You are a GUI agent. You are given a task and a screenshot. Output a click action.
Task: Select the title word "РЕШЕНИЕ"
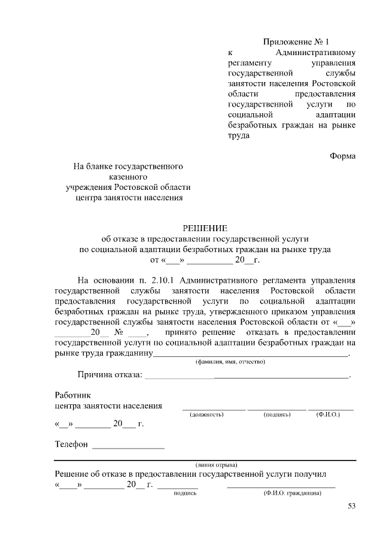pos(205,228)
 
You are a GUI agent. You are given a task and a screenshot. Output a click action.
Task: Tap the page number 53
pos(351,507)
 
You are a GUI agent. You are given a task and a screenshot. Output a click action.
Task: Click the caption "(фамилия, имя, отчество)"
pos(230,362)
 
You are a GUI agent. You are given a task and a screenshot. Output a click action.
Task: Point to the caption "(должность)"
pos(207,414)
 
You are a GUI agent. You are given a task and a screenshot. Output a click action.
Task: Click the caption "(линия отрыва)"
pos(216,464)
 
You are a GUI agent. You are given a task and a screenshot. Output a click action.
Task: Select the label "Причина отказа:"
pos(110,375)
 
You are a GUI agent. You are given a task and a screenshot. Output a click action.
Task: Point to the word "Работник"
pos(71,395)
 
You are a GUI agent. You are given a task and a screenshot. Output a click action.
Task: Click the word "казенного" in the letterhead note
pos(127,177)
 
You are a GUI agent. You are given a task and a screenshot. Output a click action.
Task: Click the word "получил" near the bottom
pos(309,473)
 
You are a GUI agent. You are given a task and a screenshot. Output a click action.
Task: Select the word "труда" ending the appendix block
pos(239,135)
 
